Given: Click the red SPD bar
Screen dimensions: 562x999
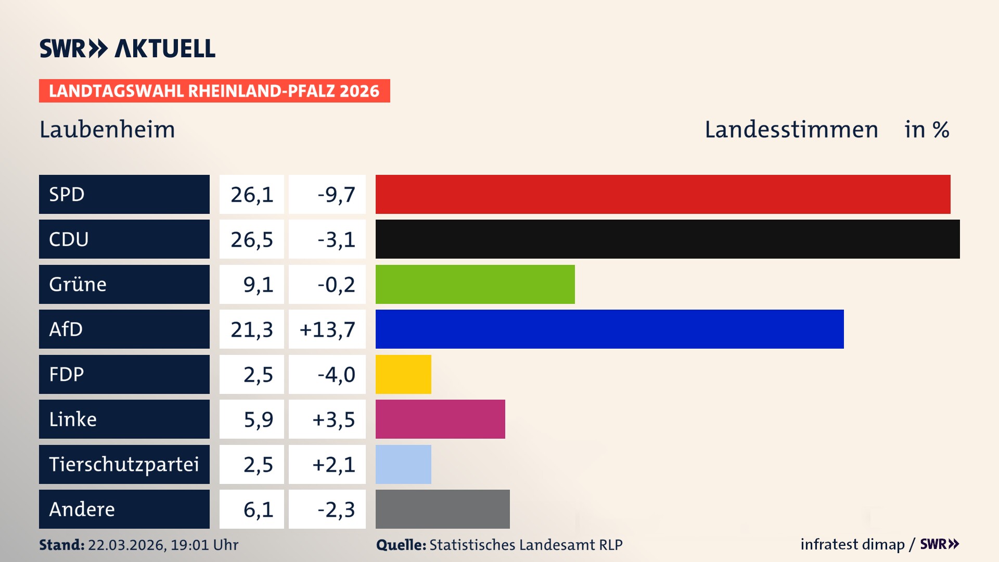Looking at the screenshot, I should pos(662,194).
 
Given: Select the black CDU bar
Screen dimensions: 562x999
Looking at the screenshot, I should pos(667,239).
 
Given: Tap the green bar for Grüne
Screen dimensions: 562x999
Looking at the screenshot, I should pos(475,284).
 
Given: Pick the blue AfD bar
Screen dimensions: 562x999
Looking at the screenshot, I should pos(609,329).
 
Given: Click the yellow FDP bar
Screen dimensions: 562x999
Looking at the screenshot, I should pos(403,374).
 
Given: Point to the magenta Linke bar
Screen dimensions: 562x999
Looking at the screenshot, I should pos(440,419).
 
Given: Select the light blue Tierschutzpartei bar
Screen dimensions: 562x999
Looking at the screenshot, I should pos(403,464).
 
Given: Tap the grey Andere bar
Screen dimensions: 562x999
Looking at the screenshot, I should pos(442,509).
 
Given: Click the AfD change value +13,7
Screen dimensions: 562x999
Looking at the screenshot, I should pos(327,329).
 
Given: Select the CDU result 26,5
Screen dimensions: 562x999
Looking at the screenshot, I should pos(252,239).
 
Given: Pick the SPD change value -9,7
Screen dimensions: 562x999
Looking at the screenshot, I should pos(336,195).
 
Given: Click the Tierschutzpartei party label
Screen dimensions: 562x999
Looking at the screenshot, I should pos(124,464).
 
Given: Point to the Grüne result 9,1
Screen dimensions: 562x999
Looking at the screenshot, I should pos(258,285).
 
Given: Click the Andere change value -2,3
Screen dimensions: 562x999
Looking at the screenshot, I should pos(336,509).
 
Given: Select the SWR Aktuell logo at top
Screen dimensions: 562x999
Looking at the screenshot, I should pos(127,48).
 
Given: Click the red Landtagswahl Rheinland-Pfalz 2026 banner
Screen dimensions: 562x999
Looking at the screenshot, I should pos(214,91).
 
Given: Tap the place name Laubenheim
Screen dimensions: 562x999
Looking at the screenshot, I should pos(107,130).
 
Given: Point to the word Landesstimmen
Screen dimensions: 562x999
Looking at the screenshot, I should pos(791,130).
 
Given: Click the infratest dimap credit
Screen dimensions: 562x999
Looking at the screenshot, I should pos(852,544).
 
